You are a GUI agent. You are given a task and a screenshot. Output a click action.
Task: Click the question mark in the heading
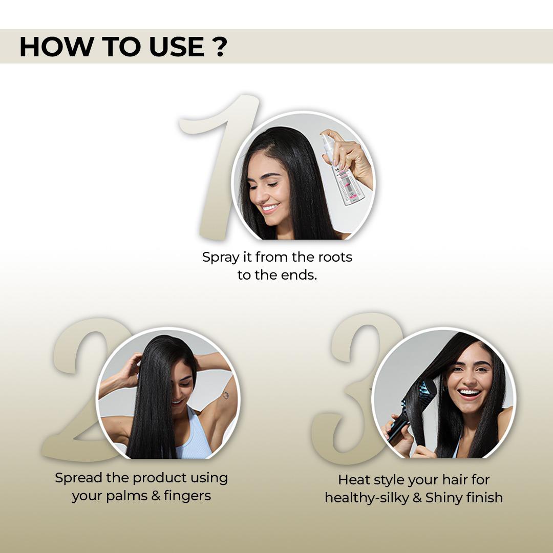pyautogui.click(x=219, y=47)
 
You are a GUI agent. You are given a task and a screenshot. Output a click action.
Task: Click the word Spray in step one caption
pyautogui.click(x=221, y=257)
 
